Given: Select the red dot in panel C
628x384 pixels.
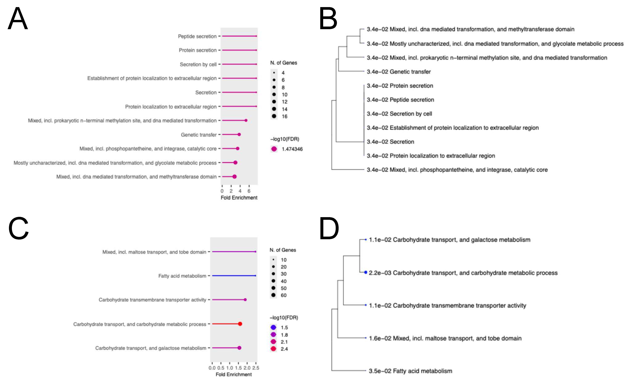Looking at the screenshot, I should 240,324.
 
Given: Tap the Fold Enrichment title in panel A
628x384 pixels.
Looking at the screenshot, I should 239,198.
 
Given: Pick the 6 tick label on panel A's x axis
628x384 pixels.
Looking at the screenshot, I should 249,191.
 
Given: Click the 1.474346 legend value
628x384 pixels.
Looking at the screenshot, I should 292,149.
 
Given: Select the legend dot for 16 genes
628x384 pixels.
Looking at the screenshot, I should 274,116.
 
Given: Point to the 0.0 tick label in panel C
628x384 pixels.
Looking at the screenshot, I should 212,368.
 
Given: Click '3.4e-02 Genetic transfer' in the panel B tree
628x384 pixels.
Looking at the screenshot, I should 399,72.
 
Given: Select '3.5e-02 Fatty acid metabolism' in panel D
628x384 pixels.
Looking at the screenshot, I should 410,371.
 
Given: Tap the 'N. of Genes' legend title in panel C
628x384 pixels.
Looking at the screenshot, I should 283,250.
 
